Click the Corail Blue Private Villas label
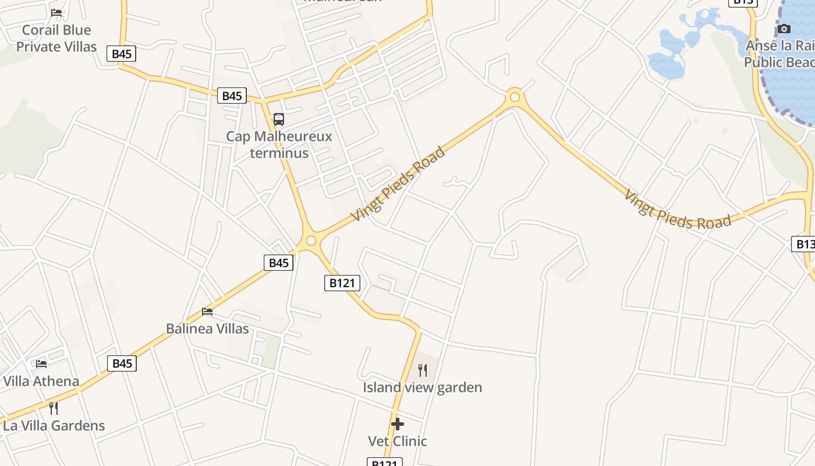tap(56, 38)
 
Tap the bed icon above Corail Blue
tap(56, 12)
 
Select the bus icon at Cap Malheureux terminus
tap(279, 119)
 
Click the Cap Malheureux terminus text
tap(279, 144)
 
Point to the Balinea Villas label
tap(207, 329)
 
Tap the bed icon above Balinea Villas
tap(207, 312)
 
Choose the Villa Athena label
tap(41, 382)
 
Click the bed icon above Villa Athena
tap(41, 364)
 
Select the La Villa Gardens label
tap(54, 426)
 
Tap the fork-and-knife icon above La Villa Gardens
tap(54, 408)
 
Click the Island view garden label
tap(423, 387)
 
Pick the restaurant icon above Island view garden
tap(423, 370)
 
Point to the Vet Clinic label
tap(398, 441)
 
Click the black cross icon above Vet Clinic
tap(398, 424)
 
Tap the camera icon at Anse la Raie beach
tap(784, 29)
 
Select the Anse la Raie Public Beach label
tap(780, 54)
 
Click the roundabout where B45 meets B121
tap(311, 241)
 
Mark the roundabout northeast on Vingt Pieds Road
tap(514, 97)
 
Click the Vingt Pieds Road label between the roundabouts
tap(398, 183)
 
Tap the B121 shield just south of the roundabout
tap(342, 283)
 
